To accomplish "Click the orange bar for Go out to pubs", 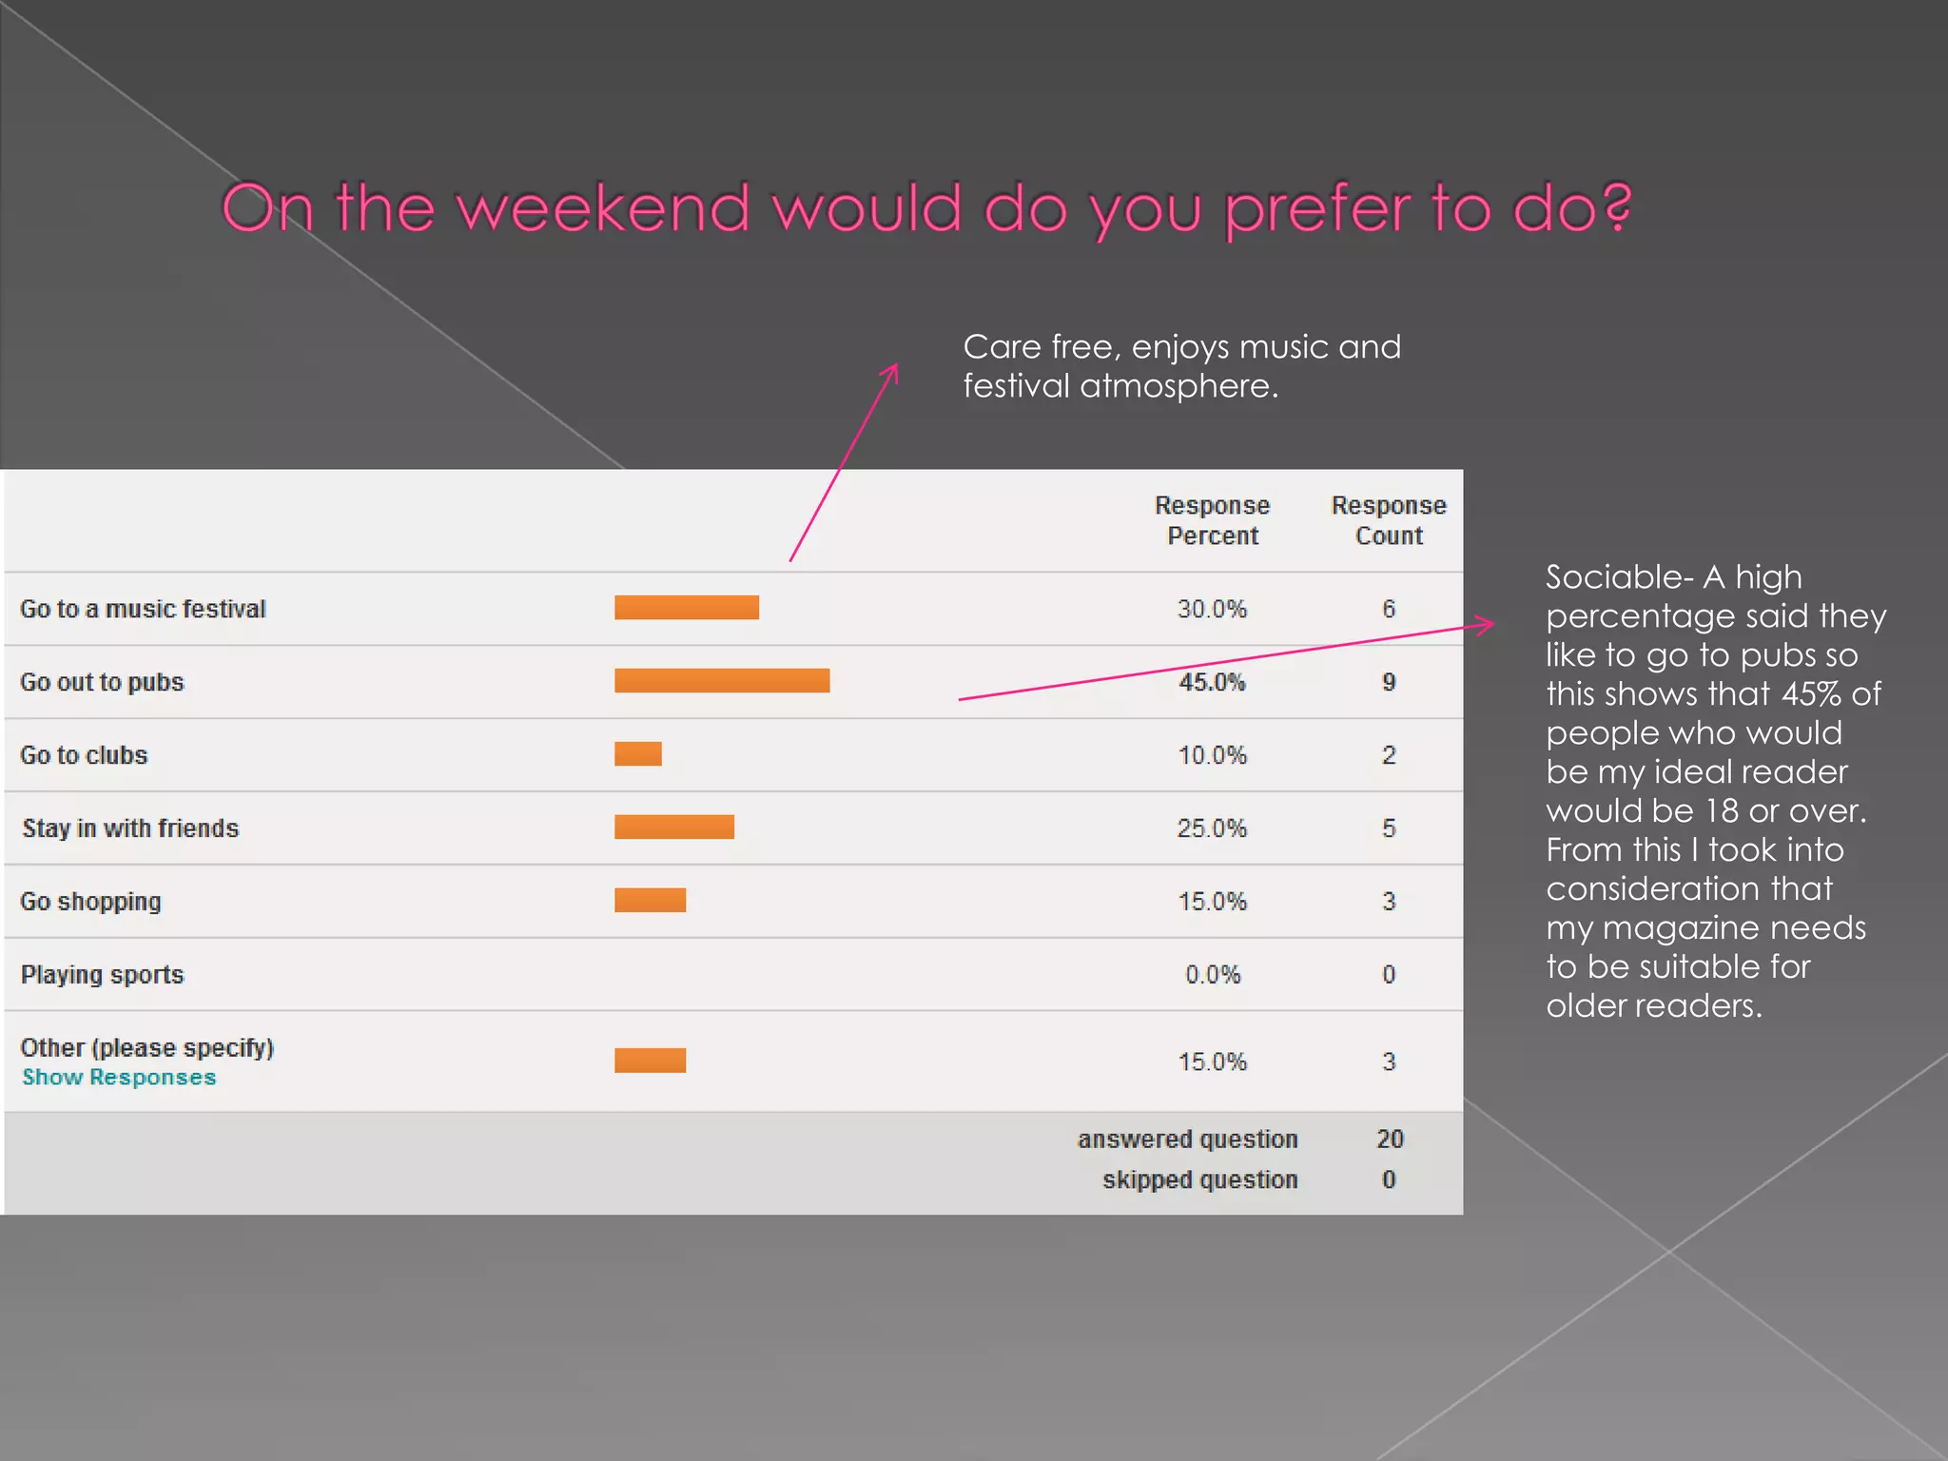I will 722,681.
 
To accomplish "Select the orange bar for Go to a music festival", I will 687,608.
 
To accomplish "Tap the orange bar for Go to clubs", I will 638,754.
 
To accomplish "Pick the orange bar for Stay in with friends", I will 674,828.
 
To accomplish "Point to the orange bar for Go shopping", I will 651,901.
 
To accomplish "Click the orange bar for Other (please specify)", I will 651,1061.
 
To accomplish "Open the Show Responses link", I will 119,1078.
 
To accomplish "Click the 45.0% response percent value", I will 1212,682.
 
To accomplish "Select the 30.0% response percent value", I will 1212,609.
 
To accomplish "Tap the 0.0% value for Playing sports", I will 1213,975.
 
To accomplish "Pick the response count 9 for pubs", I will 1389,682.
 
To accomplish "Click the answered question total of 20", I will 1390,1140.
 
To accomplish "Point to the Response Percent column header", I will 1213,520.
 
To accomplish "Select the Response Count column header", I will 1389,520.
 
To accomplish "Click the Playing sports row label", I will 102,975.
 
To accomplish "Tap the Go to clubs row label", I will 84,755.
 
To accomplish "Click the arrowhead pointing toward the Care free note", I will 891,370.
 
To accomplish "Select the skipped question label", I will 1199,1180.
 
